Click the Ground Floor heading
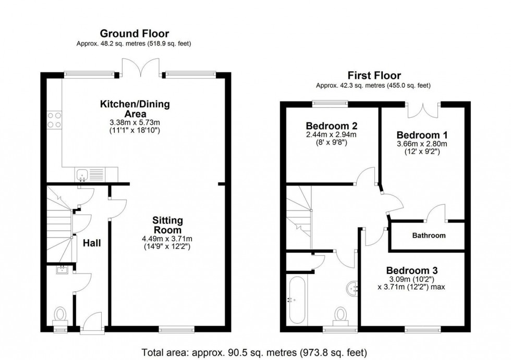[x=135, y=34]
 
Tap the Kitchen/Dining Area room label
[x=135, y=109]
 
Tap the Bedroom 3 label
[x=411, y=270]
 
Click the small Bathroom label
[x=429, y=235]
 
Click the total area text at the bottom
[x=255, y=352]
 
